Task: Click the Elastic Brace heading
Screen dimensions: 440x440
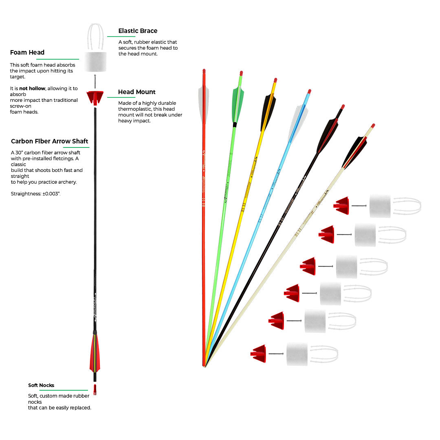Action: [x=138, y=31]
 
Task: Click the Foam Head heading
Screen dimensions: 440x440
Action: [x=27, y=53]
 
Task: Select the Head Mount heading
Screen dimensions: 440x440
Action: [x=137, y=92]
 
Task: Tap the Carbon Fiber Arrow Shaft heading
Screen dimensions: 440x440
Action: [x=50, y=141]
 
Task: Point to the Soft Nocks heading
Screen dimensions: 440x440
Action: [x=41, y=385]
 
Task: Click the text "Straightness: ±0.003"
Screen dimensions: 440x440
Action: [x=36, y=194]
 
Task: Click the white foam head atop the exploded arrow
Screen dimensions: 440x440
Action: [x=95, y=62]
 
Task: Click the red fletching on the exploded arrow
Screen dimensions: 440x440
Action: [x=94, y=352]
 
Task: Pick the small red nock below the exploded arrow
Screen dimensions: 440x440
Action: [x=95, y=389]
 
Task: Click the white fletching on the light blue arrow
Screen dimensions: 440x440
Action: [x=297, y=122]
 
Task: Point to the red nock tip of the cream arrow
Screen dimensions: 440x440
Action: [x=373, y=126]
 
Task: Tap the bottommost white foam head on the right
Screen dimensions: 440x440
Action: [x=297, y=354]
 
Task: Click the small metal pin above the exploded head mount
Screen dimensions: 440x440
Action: [x=95, y=81]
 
